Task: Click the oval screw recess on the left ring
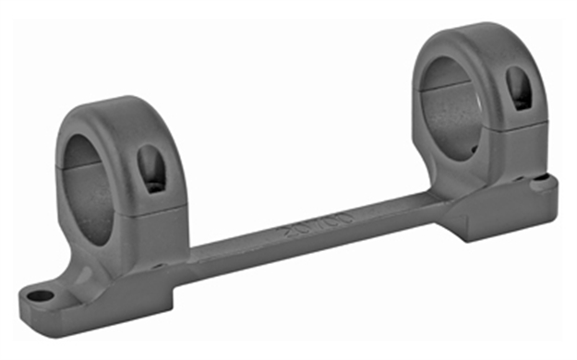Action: pos(150,169)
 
